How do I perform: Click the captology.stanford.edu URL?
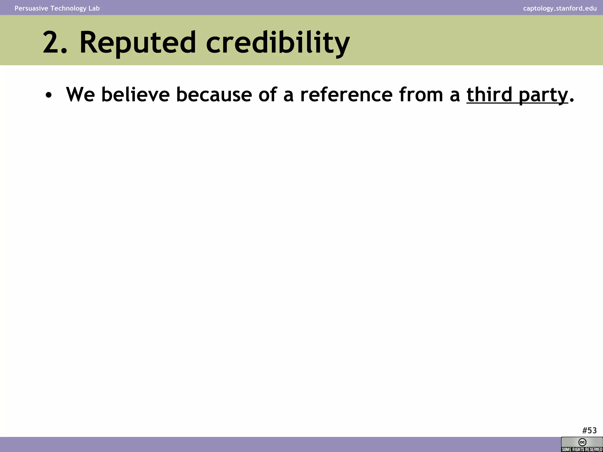[560, 8]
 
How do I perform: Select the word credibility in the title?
[278, 43]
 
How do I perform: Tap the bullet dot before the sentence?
[49, 96]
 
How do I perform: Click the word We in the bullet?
[80, 95]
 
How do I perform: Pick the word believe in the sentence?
[135, 95]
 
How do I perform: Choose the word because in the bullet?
[214, 95]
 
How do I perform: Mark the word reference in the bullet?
[346, 95]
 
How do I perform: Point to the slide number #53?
[589, 431]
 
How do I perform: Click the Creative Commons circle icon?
[582, 442]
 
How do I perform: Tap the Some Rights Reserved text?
[582, 449]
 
